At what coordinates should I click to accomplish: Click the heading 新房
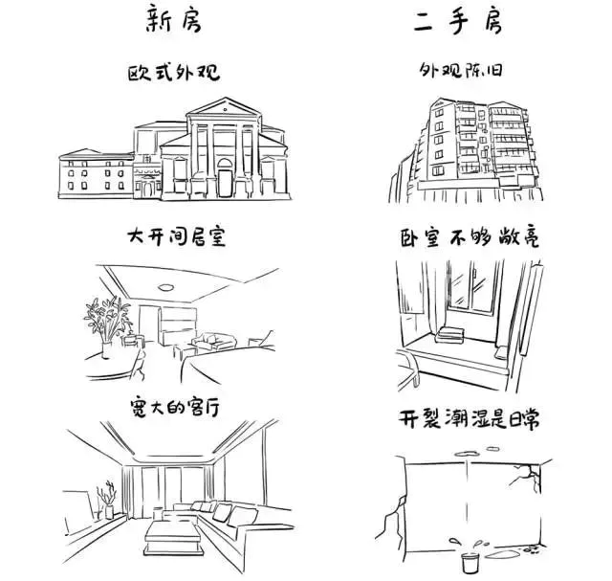[x=172, y=19]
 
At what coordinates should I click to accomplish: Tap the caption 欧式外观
[x=173, y=75]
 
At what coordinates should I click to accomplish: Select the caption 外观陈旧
[x=465, y=73]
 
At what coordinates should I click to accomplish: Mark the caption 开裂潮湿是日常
[x=469, y=417]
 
